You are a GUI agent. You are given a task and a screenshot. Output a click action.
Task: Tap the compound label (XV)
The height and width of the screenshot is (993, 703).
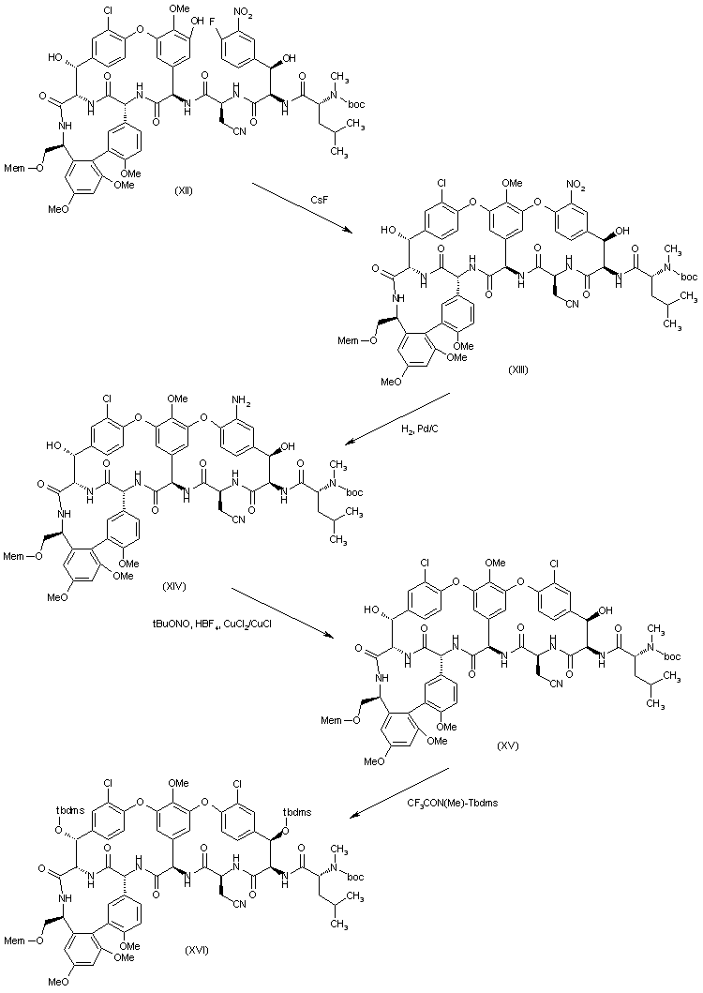[x=509, y=746]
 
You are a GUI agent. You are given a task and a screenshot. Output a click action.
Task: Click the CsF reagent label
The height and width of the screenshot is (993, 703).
[x=320, y=199]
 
